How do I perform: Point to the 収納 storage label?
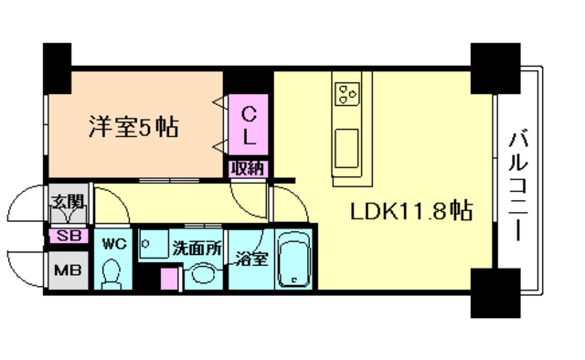(247, 167)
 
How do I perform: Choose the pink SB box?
(69, 235)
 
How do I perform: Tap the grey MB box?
(66, 270)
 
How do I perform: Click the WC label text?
(113, 244)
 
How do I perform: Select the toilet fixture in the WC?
(113, 273)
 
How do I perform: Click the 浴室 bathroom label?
(250, 258)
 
